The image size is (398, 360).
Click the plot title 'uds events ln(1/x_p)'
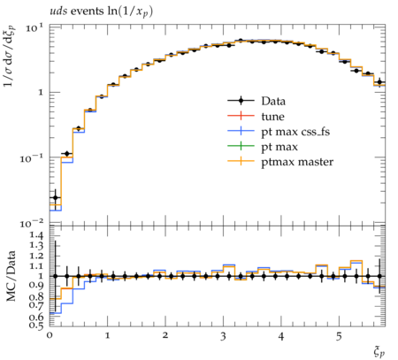click(101, 11)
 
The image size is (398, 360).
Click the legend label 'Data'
click(273, 101)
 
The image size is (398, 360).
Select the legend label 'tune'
click(272, 117)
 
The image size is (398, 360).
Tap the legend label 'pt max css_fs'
click(295, 132)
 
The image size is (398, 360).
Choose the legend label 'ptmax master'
click(297, 162)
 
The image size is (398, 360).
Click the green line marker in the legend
click(241, 146)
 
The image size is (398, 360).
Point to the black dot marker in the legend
click(241, 101)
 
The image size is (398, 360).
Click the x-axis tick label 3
click(223, 336)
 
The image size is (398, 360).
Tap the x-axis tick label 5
click(339, 336)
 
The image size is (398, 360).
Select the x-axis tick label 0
click(50, 336)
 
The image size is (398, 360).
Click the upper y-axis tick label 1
click(41, 92)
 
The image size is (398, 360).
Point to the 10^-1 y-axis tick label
click(32, 158)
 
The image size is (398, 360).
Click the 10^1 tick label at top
click(34, 28)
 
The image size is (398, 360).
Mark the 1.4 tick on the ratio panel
click(36, 235)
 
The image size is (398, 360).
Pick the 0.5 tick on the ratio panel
click(36, 326)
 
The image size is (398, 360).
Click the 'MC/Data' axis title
click(11, 276)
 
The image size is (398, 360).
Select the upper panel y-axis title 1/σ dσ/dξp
click(10, 55)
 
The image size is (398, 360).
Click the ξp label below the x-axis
click(379, 352)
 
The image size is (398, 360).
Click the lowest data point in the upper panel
click(55, 198)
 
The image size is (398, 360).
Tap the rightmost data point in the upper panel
click(379, 82)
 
